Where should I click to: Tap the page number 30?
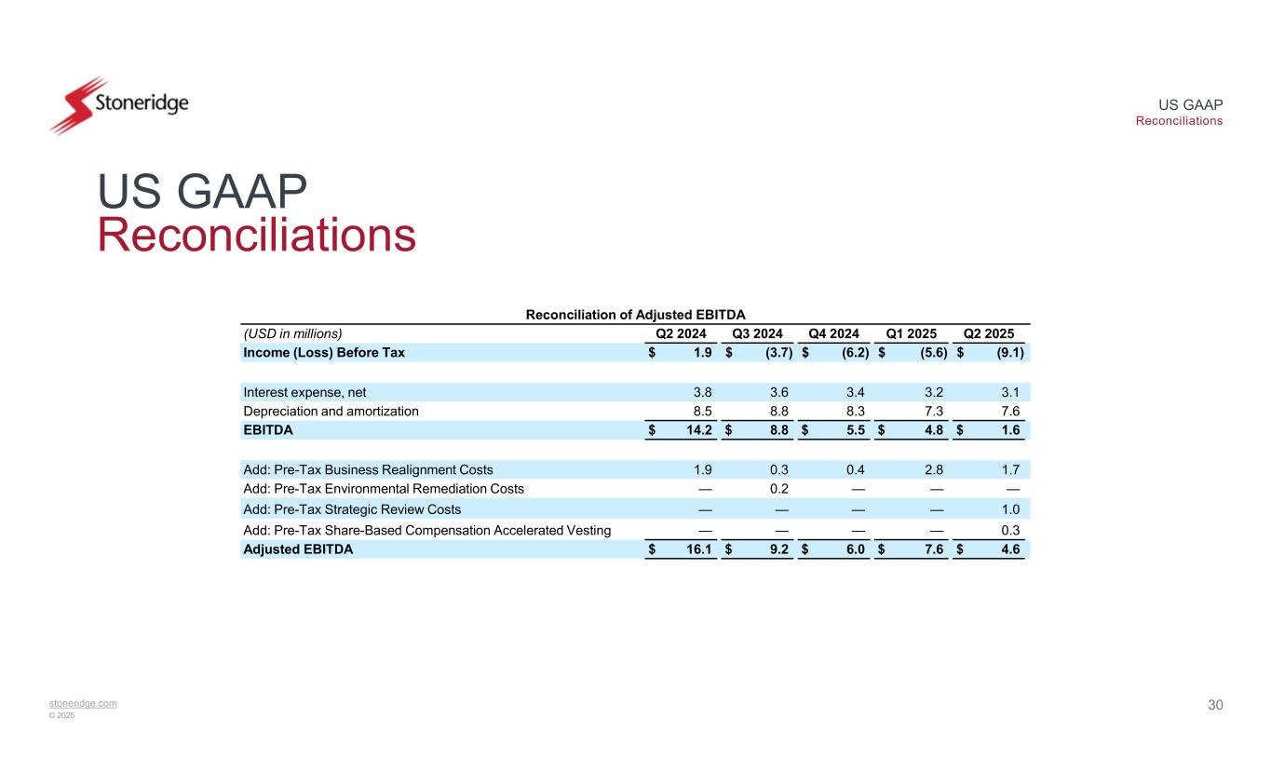pyautogui.click(x=1215, y=705)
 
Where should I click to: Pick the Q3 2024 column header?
pyautogui.click(x=757, y=333)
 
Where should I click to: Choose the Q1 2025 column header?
pyautogui.click(x=911, y=333)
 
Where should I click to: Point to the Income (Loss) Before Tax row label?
pyautogui.click(x=324, y=353)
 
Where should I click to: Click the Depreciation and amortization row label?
pyautogui.click(x=331, y=411)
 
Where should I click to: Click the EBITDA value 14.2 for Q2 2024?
pyautogui.click(x=699, y=430)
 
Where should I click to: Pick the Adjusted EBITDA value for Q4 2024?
pyautogui.click(x=853, y=549)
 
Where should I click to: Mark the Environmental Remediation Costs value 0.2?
pyautogui.click(x=779, y=489)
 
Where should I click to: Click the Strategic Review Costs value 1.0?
pyautogui.click(x=1009, y=509)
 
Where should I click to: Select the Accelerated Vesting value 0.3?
pyautogui.click(x=1009, y=530)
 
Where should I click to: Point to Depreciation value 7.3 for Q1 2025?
pyautogui.click(x=933, y=411)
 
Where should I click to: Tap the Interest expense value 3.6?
pyautogui.click(x=779, y=391)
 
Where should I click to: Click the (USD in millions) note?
pyautogui.click(x=292, y=333)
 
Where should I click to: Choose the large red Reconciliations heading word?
pyautogui.click(x=256, y=235)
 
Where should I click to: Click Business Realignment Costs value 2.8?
pyautogui.click(x=933, y=469)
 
